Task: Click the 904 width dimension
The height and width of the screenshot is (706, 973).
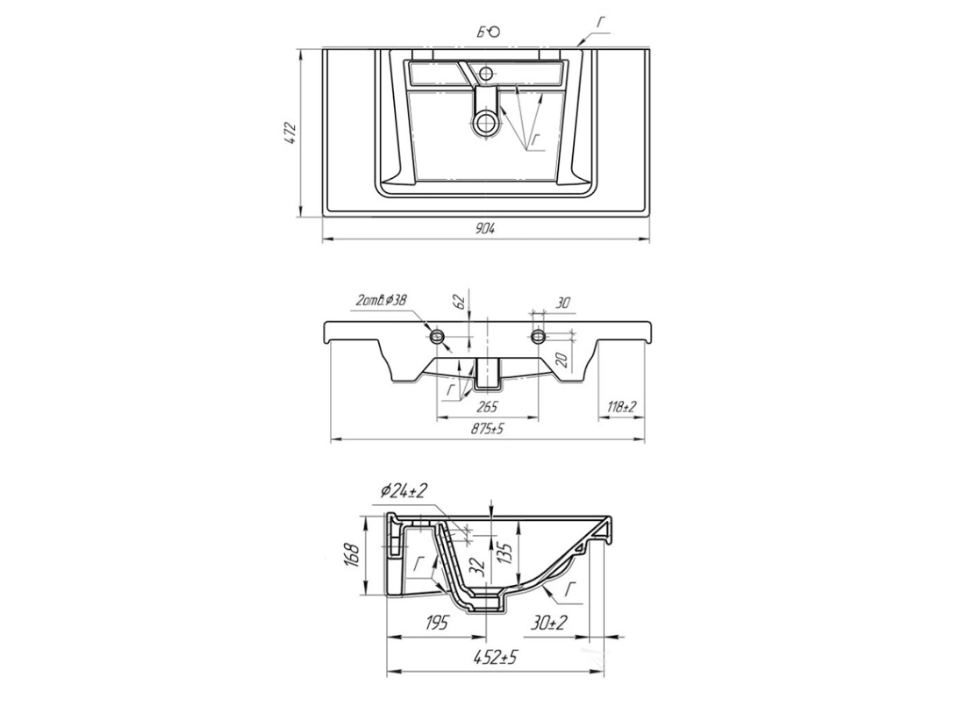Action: pos(486,228)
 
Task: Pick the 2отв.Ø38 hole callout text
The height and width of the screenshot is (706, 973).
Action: pos(382,301)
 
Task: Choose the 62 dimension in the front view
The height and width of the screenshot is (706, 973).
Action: pos(461,303)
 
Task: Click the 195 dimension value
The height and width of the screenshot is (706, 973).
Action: pos(437,622)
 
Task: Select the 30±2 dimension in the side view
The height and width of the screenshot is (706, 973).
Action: pos(548,622)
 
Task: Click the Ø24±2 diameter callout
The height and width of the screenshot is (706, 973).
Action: pos(404,491)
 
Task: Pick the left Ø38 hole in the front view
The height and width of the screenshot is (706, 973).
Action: pos(438,337)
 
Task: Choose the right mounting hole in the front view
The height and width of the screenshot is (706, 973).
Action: pos(539,337)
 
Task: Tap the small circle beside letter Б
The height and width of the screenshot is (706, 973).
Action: pos(495,32)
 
